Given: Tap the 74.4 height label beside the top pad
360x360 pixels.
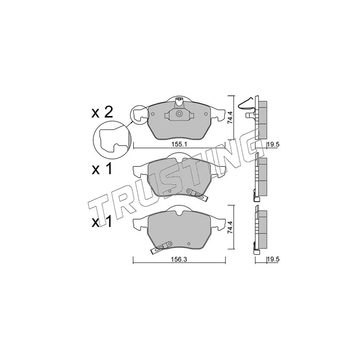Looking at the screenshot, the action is (230, 117).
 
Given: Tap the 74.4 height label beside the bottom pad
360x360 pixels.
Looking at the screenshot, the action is (230, 227).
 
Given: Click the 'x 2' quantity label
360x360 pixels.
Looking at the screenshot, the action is (102, 113).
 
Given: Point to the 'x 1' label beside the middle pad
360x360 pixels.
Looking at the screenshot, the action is (102, 170).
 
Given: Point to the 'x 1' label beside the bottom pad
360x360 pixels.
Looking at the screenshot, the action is (102, 222).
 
